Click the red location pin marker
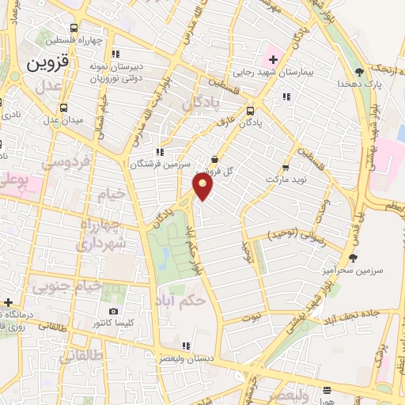point(203,186)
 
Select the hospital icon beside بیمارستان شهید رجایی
point(274,60)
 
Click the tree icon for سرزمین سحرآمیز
point(354,257)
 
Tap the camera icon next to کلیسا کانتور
point(114,312)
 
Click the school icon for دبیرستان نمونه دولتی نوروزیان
point(115,55)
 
